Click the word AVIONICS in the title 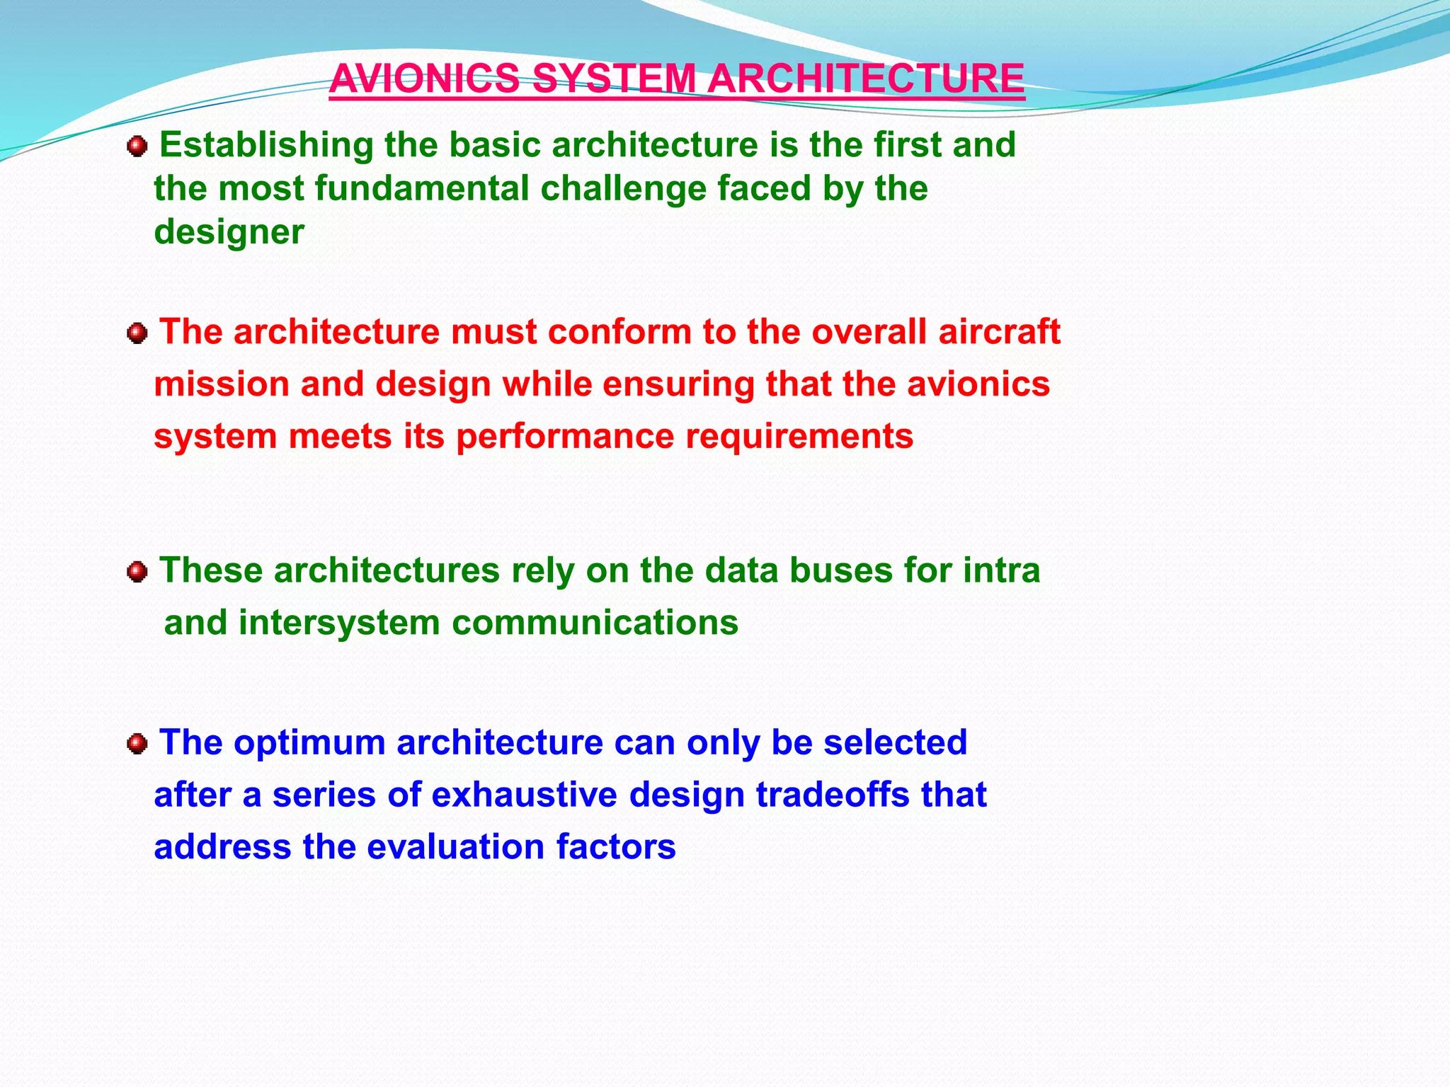pyautogui.click(x=425, y=79)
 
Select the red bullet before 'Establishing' pyautogui.click(x=137, y=147)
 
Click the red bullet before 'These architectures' pyautogui.click(x=137, y=572)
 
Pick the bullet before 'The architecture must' pyautogui.click(x=137, y=333)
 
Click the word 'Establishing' pyautogui.click(x=266, y=146)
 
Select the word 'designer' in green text pyautogui.click(x=229, y=232)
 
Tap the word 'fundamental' pyautogui.click(x=422, y=189)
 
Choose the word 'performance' pyautogui.click(x=564, y=437)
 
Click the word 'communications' pyautogui.click(x=595, y=623)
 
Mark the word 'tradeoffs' pyautogui.click(x=833, y=795)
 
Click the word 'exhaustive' pyautogui.click(x=524, y=795)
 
